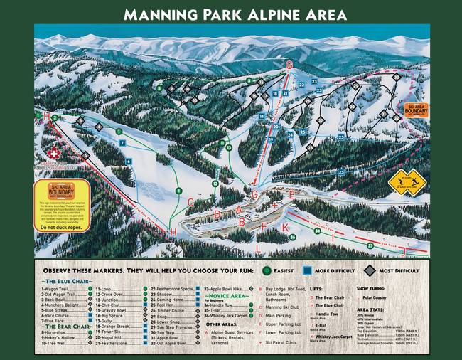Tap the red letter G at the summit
(x=289, y=65)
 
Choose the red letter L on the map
(x=259, y=248)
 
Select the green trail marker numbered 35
(x=370, y=245)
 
